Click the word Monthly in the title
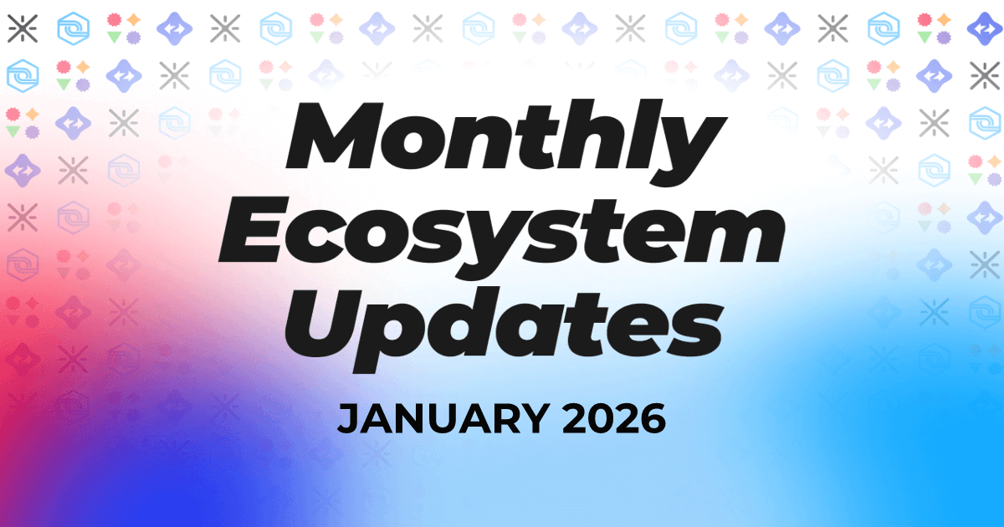tap(506, 141)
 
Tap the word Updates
tap(504, 330)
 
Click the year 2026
tap(613, 418)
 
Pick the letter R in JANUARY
tap(503, 418)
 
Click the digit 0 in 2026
tap(601, 418)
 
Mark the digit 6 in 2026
tap(653, 418)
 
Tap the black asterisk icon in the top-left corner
tap(23, 28)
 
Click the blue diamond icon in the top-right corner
tap(984, 28)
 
